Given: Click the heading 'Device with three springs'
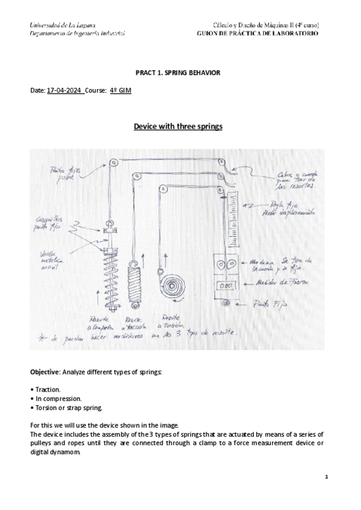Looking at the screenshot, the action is (x=177, y=127).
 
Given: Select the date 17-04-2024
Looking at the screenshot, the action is (x=64, y=90).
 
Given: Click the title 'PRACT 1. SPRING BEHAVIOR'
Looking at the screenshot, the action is (x=177, y=73).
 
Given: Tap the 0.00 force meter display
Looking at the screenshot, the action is (x=226, y=285).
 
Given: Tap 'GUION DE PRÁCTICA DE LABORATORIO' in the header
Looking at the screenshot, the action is (x=258, y=33).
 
